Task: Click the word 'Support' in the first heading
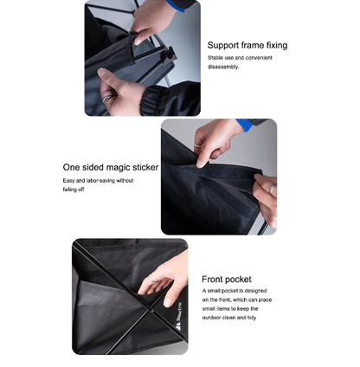[x=224, y=45]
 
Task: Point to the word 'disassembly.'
[x=223, y=67]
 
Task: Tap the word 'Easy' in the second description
[x=69, y=181]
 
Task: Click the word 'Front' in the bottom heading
[x=213, y=280]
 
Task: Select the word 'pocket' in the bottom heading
[x=239, y=280]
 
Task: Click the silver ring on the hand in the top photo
[x=107, y=99]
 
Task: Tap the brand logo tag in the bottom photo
[x=178, y=309]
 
